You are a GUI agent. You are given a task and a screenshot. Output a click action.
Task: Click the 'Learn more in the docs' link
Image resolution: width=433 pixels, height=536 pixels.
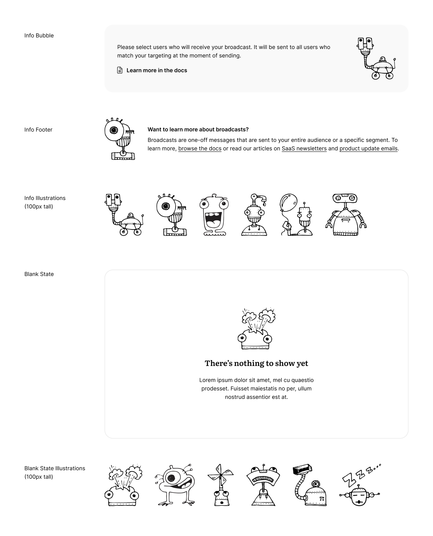(x=157, y=70)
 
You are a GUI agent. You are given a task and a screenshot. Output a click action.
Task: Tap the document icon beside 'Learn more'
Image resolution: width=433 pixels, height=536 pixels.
(x=120, y=70)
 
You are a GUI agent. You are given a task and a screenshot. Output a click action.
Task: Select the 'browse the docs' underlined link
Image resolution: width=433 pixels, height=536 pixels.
(x=200, y=149)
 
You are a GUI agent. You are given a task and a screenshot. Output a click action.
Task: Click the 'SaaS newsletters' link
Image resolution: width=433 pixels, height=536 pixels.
(x=304, y=149)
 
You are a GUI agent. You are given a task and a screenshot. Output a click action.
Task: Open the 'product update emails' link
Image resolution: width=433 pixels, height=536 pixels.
(x=368, y=149)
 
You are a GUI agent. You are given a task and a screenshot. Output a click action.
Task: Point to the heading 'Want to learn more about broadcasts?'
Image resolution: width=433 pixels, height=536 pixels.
(x=198, y=129)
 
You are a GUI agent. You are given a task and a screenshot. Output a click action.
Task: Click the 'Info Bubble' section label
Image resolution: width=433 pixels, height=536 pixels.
(x=39, y=35)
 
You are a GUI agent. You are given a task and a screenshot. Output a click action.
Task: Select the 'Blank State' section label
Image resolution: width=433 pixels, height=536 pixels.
(x=39, y=274)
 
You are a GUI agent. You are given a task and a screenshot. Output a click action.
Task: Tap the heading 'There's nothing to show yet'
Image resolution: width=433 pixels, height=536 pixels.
(x=256, y=363)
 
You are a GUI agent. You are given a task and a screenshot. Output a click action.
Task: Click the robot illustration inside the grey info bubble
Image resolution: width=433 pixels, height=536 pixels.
(x=376, y=58)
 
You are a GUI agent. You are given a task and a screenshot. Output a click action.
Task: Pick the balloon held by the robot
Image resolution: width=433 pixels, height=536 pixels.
(x=288, y=202)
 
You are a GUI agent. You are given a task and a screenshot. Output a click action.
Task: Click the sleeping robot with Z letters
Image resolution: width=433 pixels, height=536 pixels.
(x=360, y=486)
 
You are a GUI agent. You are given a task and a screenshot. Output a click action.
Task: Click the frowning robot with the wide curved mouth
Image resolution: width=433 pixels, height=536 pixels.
(x=263, y=485)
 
